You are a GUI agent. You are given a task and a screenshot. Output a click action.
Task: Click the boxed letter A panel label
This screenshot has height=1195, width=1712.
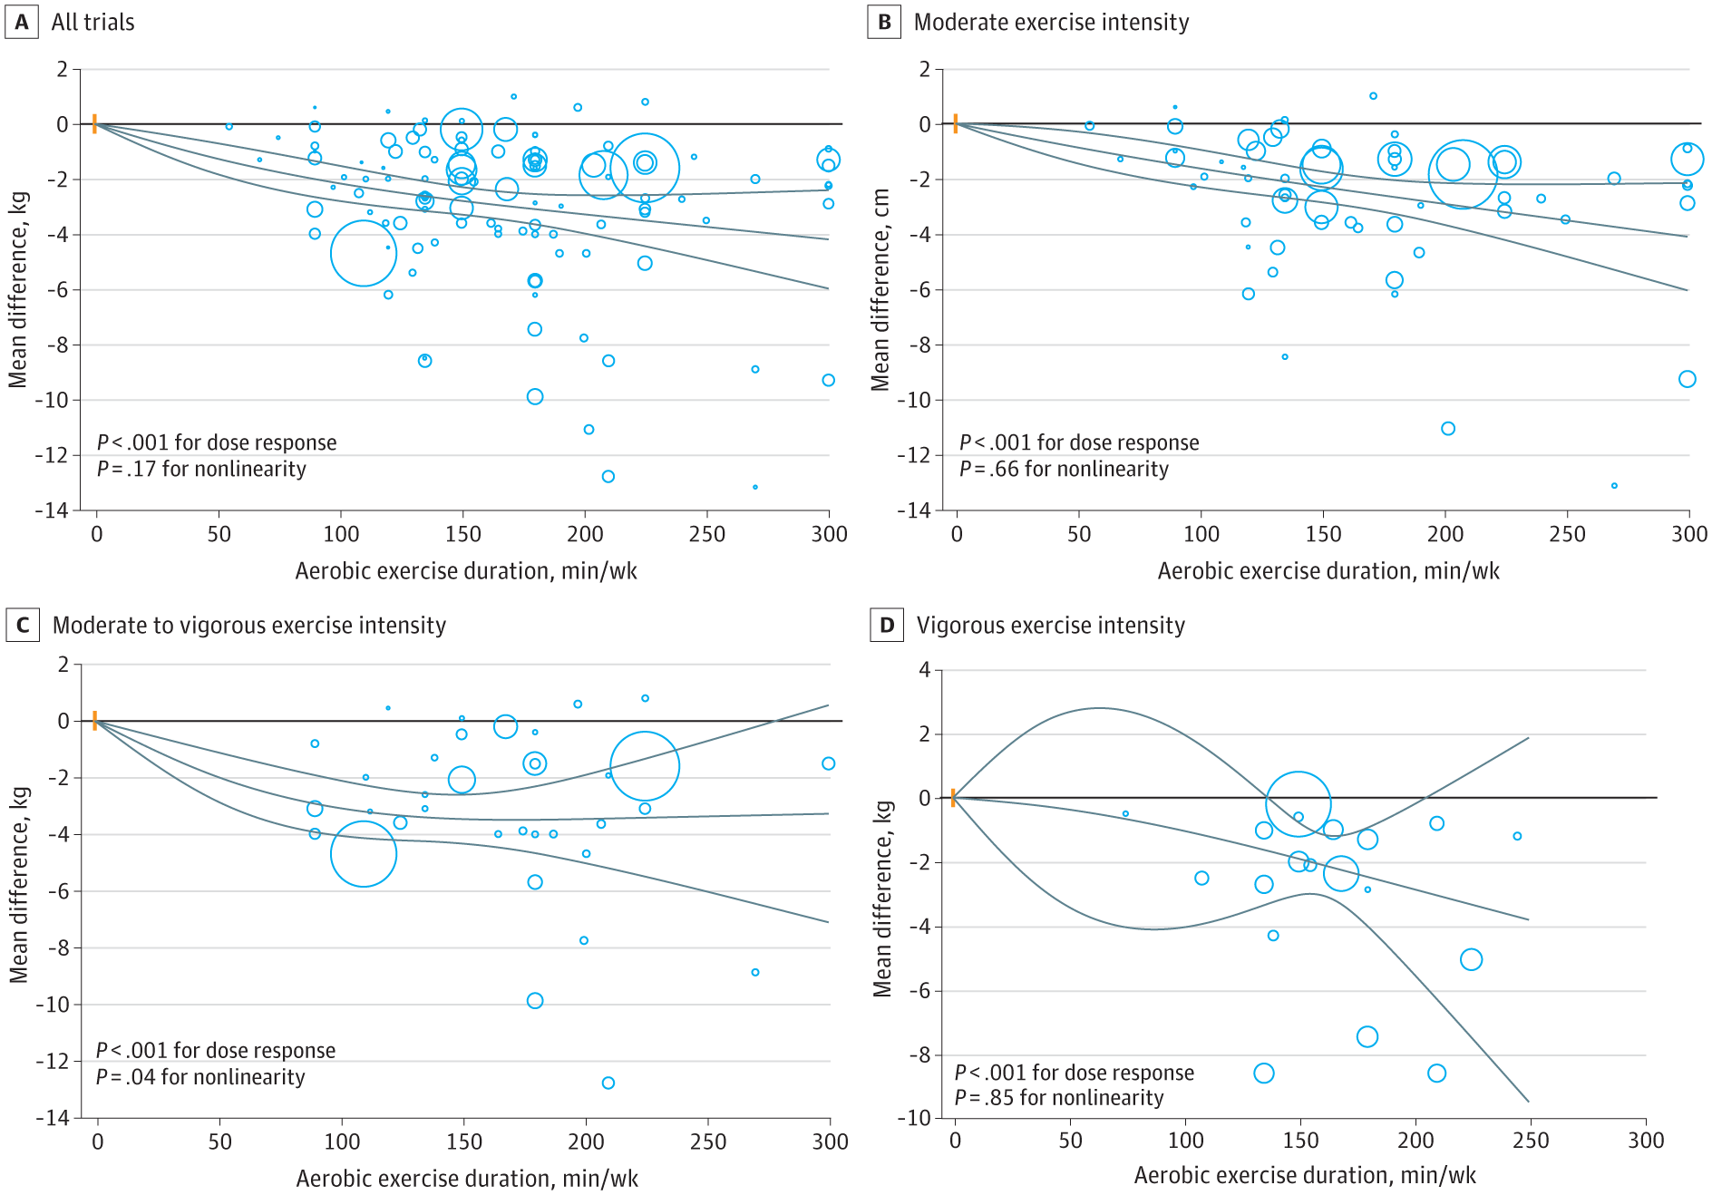(x=22, y=22)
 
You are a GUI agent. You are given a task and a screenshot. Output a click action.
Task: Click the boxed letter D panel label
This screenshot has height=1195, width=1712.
(x=886, y=626)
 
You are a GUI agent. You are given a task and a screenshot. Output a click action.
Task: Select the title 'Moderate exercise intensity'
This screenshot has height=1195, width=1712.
(x=1051, y=23)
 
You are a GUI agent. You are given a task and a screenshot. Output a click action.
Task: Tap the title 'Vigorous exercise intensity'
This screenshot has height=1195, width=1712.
(x=1050, y=626)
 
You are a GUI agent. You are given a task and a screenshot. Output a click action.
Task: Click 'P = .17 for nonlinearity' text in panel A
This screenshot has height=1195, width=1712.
(x=201, y=469)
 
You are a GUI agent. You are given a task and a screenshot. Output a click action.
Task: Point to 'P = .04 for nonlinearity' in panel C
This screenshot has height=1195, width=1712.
(x=200, y=1077)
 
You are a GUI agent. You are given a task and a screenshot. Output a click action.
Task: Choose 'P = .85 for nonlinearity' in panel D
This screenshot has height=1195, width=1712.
(x=1059, y=1098)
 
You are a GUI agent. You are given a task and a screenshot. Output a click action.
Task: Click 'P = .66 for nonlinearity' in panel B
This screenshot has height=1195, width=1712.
(x=1064, y=469)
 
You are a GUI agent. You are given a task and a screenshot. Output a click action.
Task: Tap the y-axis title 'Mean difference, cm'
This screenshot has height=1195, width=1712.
(x=880, y=290)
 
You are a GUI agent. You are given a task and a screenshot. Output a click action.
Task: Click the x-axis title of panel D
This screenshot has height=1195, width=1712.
(x=1305, y=1176)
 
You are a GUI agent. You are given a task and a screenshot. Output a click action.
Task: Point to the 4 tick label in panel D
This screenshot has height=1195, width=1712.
(x=924, y=670)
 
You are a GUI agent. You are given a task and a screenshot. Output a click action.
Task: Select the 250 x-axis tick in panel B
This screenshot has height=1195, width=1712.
(x=1567, y=534)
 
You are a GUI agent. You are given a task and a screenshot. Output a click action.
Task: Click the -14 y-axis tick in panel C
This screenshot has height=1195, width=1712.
(x=52, y=1118)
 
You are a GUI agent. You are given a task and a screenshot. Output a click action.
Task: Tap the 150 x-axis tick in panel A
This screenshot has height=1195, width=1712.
(x=462, y=534)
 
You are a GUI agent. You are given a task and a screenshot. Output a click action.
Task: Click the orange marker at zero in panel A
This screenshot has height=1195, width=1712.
(x=94, y=123)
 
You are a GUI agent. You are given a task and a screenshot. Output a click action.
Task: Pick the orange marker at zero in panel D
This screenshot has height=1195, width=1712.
(x=953, y=798)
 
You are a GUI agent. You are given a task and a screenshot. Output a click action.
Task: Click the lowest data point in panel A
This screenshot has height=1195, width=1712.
(x=755, y=487)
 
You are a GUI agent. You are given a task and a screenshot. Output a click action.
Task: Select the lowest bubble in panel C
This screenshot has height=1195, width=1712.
(x=608, y=1083)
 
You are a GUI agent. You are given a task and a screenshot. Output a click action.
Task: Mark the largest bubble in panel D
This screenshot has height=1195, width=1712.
(x=1299, y=803)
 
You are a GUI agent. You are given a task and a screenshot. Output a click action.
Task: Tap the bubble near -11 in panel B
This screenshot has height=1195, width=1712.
(x=1448, y=429)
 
